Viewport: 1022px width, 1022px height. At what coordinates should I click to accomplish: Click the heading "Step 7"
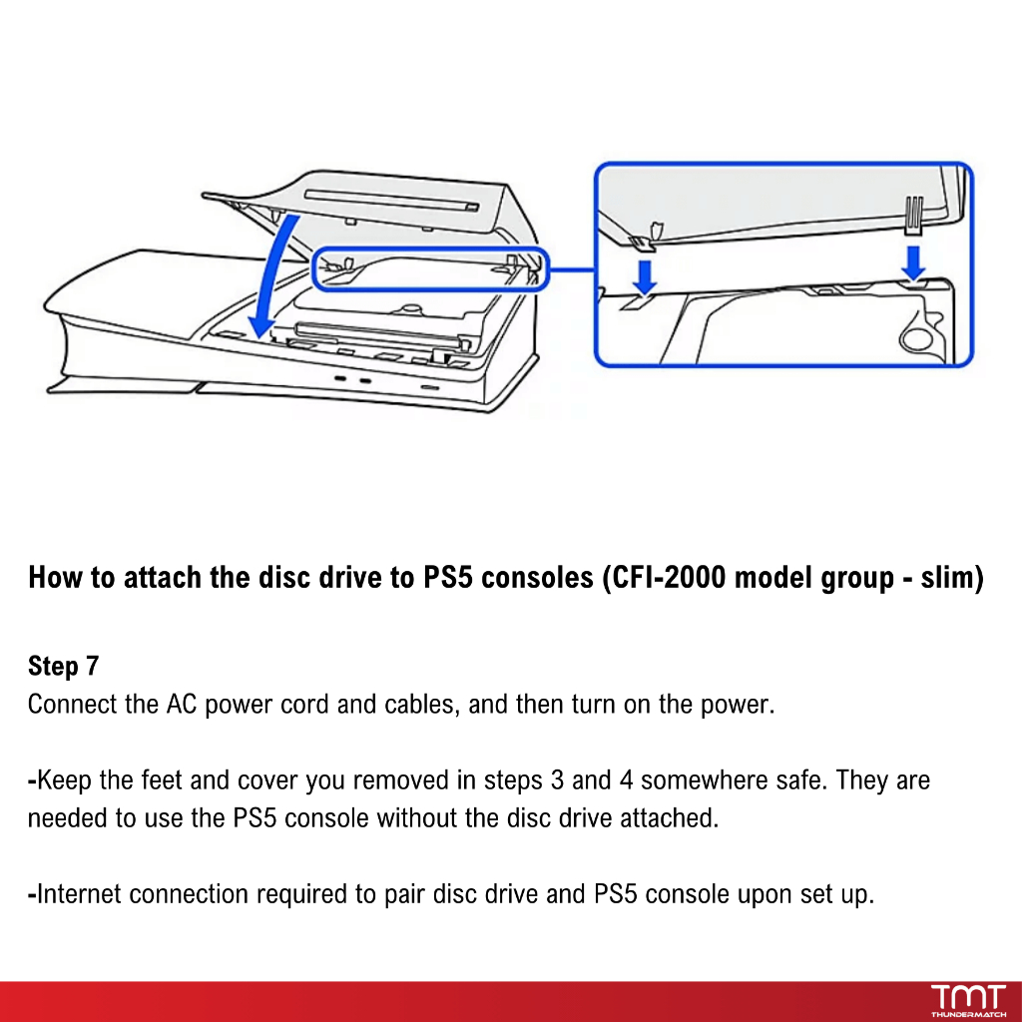(64, 666)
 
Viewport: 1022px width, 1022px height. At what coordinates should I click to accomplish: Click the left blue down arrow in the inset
(646, 275)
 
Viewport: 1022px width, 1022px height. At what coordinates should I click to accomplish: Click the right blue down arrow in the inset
(912, 263)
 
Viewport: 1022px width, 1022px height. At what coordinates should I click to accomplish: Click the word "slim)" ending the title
(952, 578)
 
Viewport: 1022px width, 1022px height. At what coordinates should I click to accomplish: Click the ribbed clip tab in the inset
(911, 216)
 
